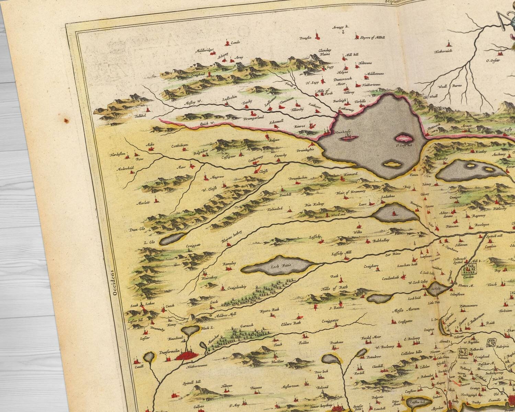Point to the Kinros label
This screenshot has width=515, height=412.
point(300,126)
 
